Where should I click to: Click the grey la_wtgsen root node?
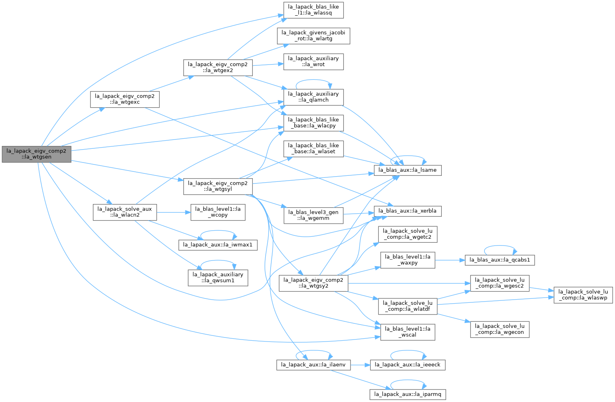pyautogui.click(x=36, y=154)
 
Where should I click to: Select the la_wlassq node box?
pyautogui.click(x=313, y=10)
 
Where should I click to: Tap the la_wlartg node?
pyautogui.click(x=313, y=36)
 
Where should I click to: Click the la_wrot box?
pyautogui.click(x=313, y=62)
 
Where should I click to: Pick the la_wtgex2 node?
pyautogui.click(x=218, y=68)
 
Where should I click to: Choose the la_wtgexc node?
pyautogui.click(x=125, y=99)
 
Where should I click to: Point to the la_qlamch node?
pyautogui.click(x=313, y=97)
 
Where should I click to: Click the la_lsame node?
pyautogui.click(x=407, y=170)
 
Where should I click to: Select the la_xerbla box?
pyautogui.click(x=407, y=211)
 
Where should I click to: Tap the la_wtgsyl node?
pyautogui.click(x=218, y=187)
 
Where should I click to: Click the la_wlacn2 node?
pyautogui.click(x=125, y=212)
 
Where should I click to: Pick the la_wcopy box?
pyautogui.click(x=218, y=212)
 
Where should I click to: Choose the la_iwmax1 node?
pyautogui.click(x=218, y=245)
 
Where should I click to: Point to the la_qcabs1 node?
pyautogui.click(x=500, y=260)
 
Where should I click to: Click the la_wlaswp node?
pyautogui.click(x=583, y=295)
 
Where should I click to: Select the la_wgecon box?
pyautogui.click(x=500, y=329)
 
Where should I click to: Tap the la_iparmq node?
pyautogui.click(x=407, y=395)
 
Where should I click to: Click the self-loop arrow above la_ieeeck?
pyautogui.click(x=408, y=351)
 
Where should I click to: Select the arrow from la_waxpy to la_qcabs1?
pyautogui.click(x=450, y=260)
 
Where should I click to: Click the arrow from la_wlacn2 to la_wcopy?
pyautogui.click(x=174, y=212)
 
